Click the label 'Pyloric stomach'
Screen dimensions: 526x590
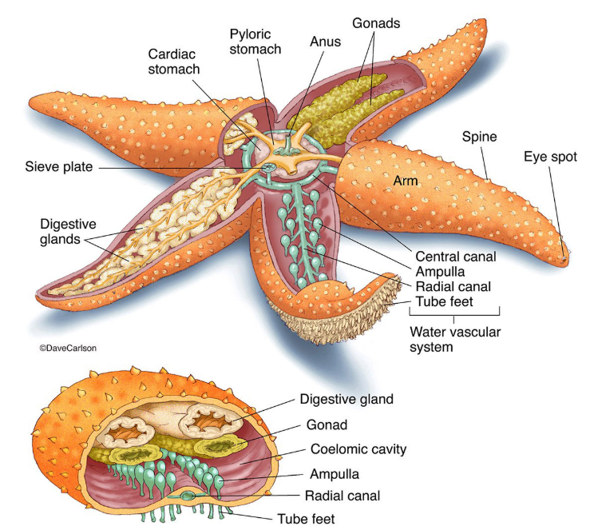point(255,42)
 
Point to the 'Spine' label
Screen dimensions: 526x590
point(480,137)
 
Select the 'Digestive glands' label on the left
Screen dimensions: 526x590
point(69,230)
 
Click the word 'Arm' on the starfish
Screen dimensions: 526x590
point(406,181)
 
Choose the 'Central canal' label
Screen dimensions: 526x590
point(456,257)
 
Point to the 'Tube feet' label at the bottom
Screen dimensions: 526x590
point(307,517)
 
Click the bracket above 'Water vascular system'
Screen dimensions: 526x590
point(454,313)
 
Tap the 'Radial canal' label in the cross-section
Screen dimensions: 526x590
point(342,495)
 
